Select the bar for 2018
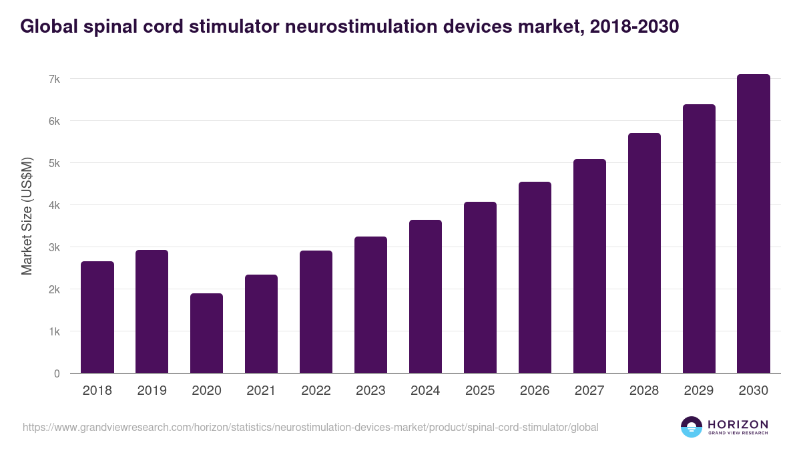97,317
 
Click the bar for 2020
207,333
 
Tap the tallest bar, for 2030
754,224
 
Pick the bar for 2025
481,287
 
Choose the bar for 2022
316,312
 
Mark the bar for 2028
644,253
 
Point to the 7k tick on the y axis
54,79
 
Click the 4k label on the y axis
54,205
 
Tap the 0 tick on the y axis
57,373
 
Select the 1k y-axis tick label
54,331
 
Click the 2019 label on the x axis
152,391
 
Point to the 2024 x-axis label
425,391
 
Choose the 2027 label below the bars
589,391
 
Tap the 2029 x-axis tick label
699,391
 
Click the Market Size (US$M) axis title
27,216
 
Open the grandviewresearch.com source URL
310,427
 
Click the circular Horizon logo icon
692,427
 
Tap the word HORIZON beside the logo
738,424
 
